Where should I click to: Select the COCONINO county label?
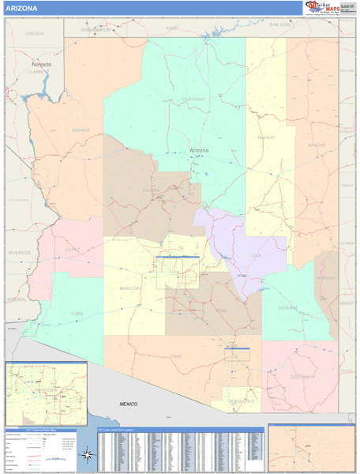[x=193, y=99]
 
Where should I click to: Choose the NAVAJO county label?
[x=265, y=137]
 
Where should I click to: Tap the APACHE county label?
[x=316, y=145]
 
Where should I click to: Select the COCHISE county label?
[x=300, y=377]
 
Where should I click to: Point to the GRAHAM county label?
[x=287, y=307]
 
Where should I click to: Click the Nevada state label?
[x=41, y=64]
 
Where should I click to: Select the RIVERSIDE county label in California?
[x=19, y=252]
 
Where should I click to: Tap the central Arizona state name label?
[x=200, y=150]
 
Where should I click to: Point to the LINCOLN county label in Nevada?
[x=34, y=34]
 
